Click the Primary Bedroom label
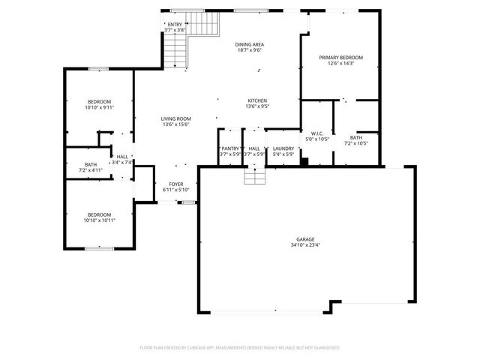point(340,58)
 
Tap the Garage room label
point(304,238)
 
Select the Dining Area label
point(250,44)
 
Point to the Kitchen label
point(257,100)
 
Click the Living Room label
point(176,118)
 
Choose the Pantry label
point(230,148)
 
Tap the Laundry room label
point(283,148)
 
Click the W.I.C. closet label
point(317,133)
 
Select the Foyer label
point(175,184)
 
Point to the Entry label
point(174,25)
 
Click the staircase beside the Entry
point(176,52)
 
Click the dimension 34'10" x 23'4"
point(304,244)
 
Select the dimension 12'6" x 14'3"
point(340,64)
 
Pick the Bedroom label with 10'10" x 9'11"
point(99,101)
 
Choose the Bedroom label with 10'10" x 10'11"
point(99,214)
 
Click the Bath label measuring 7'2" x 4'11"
point(91,164)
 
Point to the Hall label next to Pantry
point(254,148)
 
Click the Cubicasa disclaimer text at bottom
point(240,348)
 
